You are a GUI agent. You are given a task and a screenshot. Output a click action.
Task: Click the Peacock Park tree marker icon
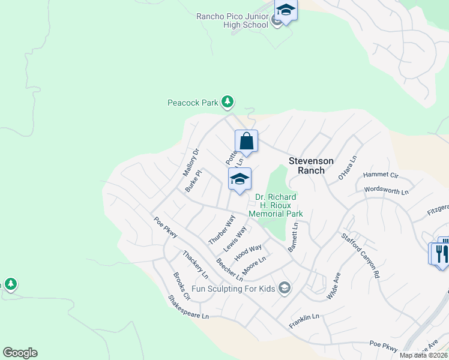pos(227,103)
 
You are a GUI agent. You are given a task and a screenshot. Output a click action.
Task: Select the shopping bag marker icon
pos(246,142)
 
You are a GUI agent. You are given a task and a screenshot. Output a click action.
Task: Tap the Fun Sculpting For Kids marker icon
pos(285,289)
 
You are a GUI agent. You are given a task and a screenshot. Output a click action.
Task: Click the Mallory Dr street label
pos(190,163)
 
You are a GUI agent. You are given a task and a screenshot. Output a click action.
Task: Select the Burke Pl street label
pos(193,180)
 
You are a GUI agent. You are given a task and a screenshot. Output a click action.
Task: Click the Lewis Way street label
pos(235,239)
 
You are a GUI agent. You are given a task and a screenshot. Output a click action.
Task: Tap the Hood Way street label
pos(248,252)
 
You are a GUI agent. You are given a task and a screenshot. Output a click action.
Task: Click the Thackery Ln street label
pos(196,265)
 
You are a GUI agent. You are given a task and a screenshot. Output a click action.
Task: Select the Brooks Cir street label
pos(181,287)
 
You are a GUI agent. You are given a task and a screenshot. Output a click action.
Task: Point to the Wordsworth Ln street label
pos(387,190)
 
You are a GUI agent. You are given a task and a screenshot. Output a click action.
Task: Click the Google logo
pos(20,353)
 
